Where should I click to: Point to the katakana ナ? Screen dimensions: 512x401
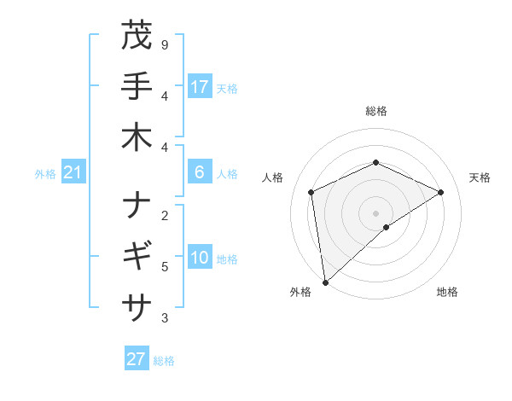click(x=137, y=205)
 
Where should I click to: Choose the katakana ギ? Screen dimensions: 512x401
click(x=137, y=255)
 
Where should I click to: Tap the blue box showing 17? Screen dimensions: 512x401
click(x=200, y=86)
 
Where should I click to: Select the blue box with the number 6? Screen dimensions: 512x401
click(x=200, y=172)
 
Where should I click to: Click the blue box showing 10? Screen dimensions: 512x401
click(x=200, y=258)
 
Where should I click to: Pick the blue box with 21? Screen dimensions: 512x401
click(x=73, y=173)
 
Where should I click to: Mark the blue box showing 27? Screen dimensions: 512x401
click(x=137, y=359)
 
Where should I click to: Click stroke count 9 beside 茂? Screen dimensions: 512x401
click(x=164, y=44)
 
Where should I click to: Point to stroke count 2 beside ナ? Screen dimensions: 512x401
click(x=164, y=215)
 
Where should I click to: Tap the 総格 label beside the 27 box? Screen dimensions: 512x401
click(x=164, y=361)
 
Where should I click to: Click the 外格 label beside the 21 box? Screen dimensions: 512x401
click(x=45, y=174)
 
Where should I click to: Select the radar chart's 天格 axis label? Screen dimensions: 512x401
click(x=480, y=177)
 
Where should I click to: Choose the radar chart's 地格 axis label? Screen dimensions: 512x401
click(x=447, y=293)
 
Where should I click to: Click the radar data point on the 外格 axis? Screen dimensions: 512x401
click(x=325, y=282)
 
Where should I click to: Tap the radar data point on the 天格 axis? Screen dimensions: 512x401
click(x=441, y=192)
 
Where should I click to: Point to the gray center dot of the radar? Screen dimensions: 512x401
click(x=375, y=212)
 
